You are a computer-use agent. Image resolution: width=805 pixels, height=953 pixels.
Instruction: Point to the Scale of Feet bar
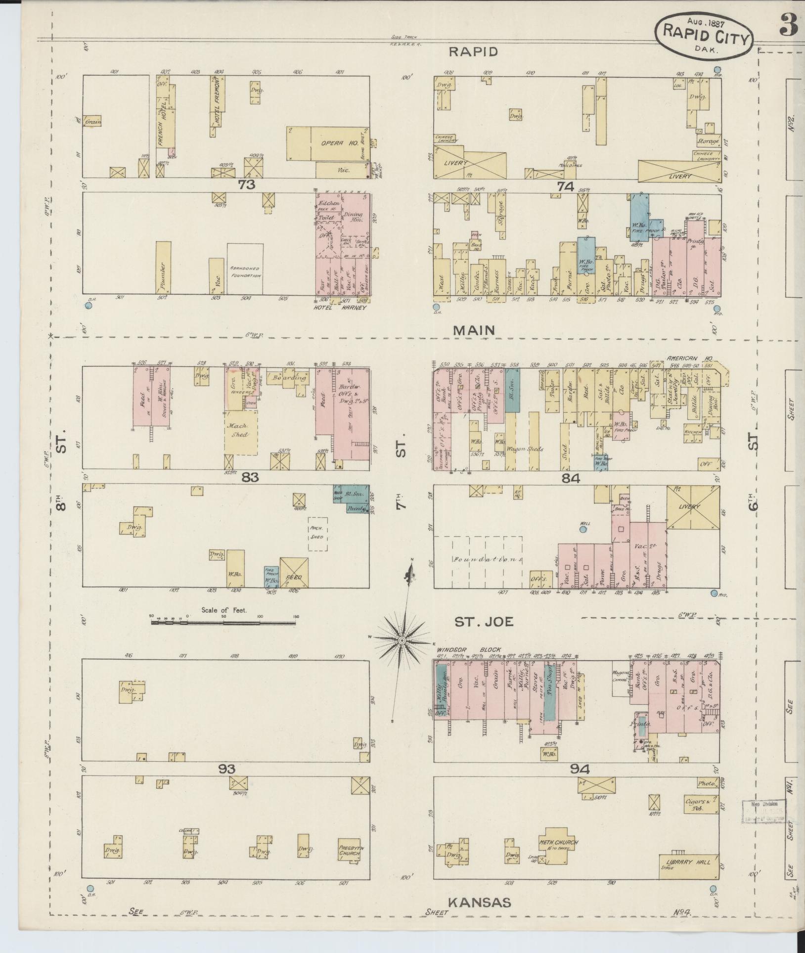click(x=224, y=623)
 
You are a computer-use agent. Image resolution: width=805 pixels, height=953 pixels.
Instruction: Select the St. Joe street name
click(x=484, y=622)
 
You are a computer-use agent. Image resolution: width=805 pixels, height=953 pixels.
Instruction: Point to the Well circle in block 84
click(x=583, y=530)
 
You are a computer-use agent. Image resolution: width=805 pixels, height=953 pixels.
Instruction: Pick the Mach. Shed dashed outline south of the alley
click(x=317, y=534)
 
